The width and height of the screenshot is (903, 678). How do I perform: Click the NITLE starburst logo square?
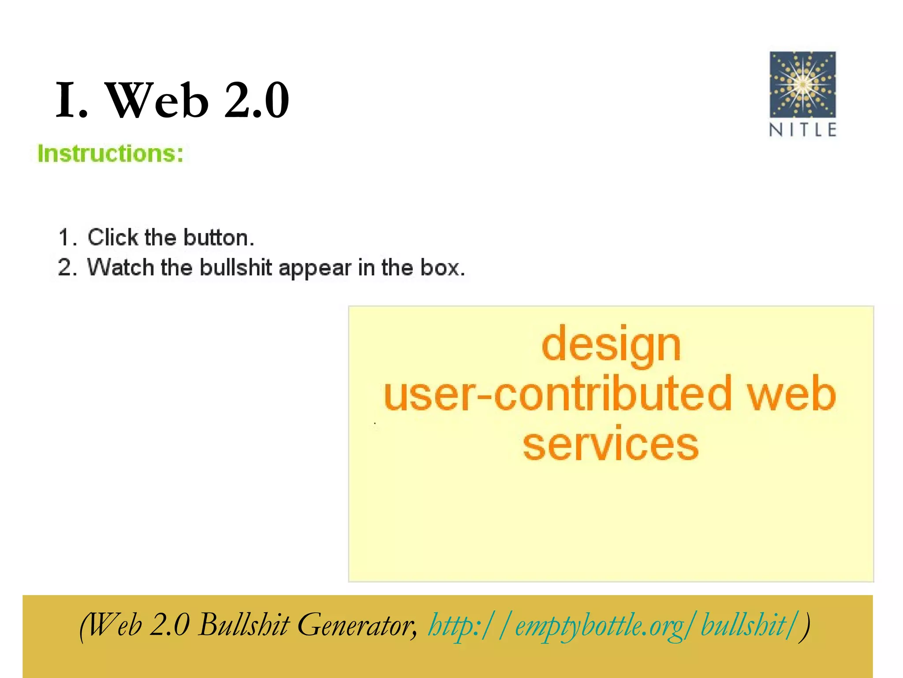point(802,84)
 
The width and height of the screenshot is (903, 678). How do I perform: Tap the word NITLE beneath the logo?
point(802,130)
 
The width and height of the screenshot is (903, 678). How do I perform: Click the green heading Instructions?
point(110,154)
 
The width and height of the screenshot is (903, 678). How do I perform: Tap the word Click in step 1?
point(113,237)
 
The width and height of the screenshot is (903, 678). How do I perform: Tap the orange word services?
point(611,444)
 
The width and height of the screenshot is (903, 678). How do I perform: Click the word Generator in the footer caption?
point(355,625)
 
